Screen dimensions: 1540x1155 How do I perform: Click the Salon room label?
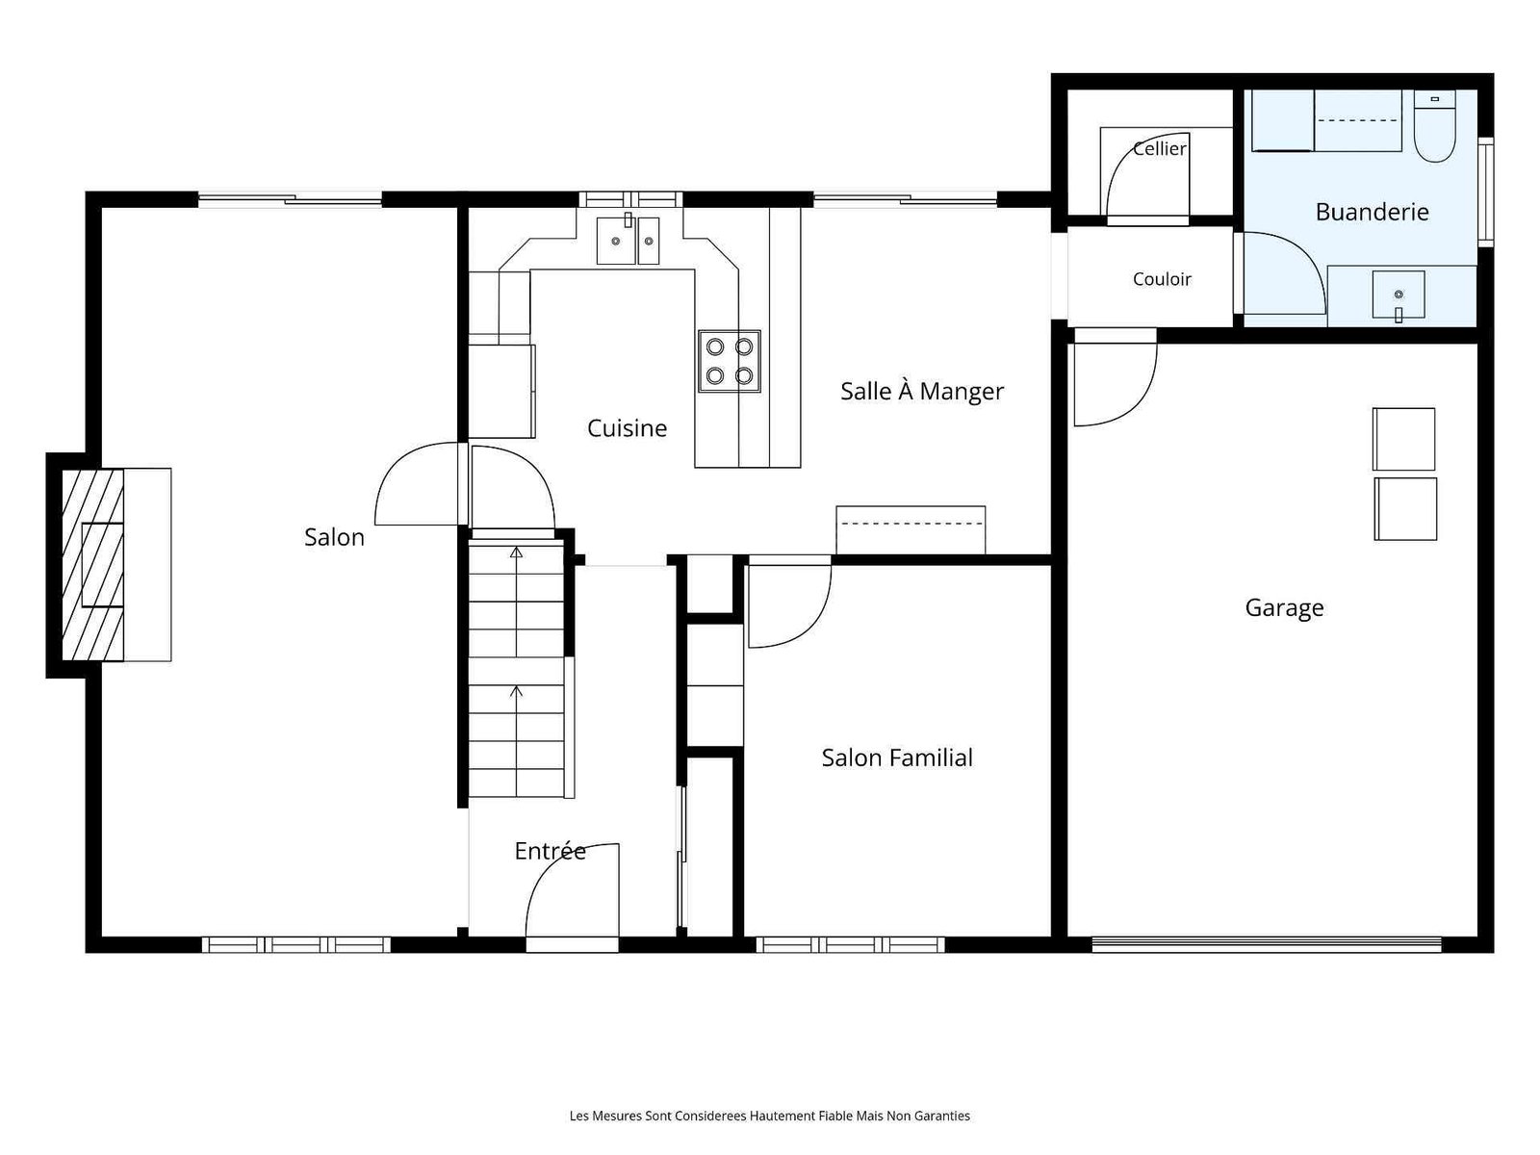334,537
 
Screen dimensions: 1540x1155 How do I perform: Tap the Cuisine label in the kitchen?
627,427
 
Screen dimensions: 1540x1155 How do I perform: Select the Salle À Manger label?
922,391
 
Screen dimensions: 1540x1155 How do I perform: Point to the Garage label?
1284,608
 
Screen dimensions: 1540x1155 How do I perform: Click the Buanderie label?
1372,212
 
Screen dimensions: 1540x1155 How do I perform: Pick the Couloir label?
1162,279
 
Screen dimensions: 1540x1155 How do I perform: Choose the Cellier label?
1160,148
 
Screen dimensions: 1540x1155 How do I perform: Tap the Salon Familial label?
897,757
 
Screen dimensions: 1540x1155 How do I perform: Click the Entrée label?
550,851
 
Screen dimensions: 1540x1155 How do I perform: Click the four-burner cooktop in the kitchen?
729,361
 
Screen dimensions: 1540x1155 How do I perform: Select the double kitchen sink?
628,240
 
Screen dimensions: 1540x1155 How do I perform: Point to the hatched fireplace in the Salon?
92,565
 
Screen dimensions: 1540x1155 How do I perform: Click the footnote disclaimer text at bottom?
770,1116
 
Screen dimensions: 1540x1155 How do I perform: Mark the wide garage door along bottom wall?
1267,944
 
